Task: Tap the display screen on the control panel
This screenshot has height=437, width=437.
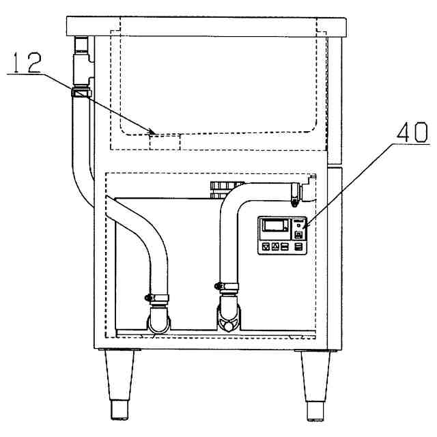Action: [273, 224]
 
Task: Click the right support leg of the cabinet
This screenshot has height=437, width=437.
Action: [316, 383]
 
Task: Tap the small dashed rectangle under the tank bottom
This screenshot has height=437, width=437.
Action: [164, 141]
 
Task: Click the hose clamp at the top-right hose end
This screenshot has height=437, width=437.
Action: [294, 193]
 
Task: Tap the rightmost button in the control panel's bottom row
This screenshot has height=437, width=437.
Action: [298, 246]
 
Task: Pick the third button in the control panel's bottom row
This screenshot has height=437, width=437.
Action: [285, 246]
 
